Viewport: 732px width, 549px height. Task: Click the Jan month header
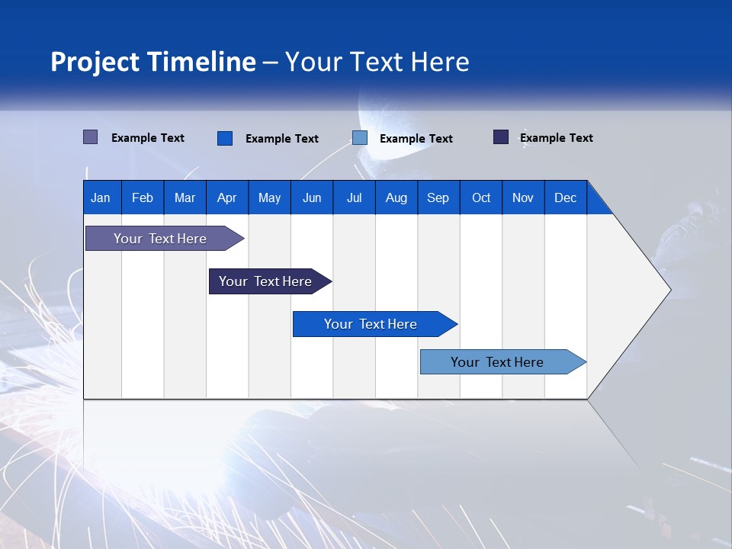click(x=101, y=197)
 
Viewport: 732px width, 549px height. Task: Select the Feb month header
click(x=143, y=197)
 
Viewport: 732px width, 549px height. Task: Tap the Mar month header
click(x=185, y=197)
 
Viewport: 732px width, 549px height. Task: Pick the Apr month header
click(x=227, y=197)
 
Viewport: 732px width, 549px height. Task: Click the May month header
click(x=269, y=197)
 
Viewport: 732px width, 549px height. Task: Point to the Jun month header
click(x=312, y=197)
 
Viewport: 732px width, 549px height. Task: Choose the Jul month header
click(x=354, y=197)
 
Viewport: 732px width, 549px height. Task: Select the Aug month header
click(x=396, y=197)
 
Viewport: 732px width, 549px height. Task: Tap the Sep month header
click(x=438, y=197)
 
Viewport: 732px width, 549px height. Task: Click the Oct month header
click(x=481, y=197)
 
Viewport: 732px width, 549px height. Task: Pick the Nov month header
click(x=523, y=197)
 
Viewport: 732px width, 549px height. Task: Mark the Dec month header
click(x=566, y=197)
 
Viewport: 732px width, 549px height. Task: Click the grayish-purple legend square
click(x=91, y=137)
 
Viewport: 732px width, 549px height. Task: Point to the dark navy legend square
click(x=501, y=137)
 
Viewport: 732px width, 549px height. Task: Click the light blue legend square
click(x=360, y=138)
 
